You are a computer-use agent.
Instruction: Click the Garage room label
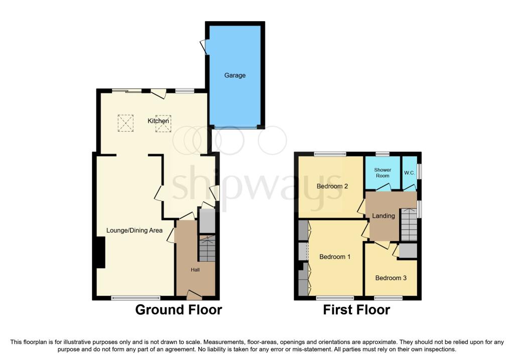pyautogui.click(x=235, y=75)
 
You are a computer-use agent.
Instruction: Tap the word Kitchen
pyautogui.click(x=158, y=121)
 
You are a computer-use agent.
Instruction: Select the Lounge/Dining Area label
pyautogui.click(x=135, y=230)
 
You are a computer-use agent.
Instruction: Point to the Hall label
pyautogui.click(x=195, y=270)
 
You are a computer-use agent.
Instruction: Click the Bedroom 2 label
pyautogui.click(x=332, y=186)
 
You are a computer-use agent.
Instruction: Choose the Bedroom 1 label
pyautogui.click(x=335, y=257)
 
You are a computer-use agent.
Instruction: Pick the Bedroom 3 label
pyautogui.click(x=391, y=278)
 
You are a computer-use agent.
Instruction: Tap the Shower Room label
pyautogui.click(x=382, y=173)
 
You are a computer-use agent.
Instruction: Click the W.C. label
pyautogui.click(x=410, y=173)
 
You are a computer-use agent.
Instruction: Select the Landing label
pyautogui.click(x=383, y=216)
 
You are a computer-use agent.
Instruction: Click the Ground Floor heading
pyautogui.click(x=179, y=310)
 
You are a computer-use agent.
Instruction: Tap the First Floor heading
pyautogui.click(x=357, y=310)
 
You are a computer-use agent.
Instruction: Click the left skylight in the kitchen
pyautogui.click(x=125, y=123)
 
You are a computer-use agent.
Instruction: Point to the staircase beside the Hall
pyautogui.click(x=207, y=248)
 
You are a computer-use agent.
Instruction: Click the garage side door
pyautogui.click(x=204, y=47)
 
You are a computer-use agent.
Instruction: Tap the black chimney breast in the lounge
pyautogui.click(x=100, y=253)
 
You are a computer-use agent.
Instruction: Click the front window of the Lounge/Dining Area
pyautogui.click(x=136, y=298)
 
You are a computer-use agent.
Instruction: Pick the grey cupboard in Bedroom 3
pyautogui.click(x=408, y=251)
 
